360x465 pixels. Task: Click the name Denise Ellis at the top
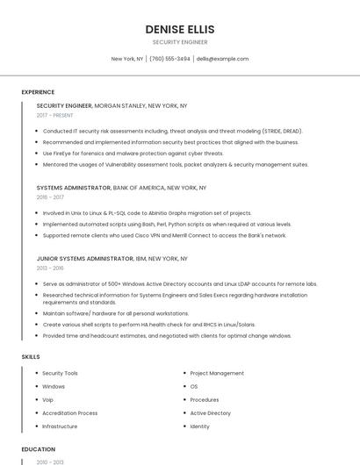click(179, 29)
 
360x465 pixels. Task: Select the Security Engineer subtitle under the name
click(179, 42)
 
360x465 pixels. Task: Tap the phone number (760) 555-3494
click(169, 59)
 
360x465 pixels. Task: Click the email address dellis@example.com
click(222, 59)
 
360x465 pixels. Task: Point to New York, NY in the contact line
click(127, 59)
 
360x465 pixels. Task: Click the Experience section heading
click(38, 92)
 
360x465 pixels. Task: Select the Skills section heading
click(31, 357)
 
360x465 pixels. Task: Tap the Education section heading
click(38, 449)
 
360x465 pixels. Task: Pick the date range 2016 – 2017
click(50, 197)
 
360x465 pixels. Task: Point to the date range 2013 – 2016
click(50, 268)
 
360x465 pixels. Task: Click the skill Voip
click(48, 400)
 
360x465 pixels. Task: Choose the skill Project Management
click(217, 374)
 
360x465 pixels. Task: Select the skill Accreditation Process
click(69, 413)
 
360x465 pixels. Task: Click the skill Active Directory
click(211, 413)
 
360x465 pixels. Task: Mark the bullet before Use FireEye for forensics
click(37, 154)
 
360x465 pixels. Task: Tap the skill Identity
click(200, 426)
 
